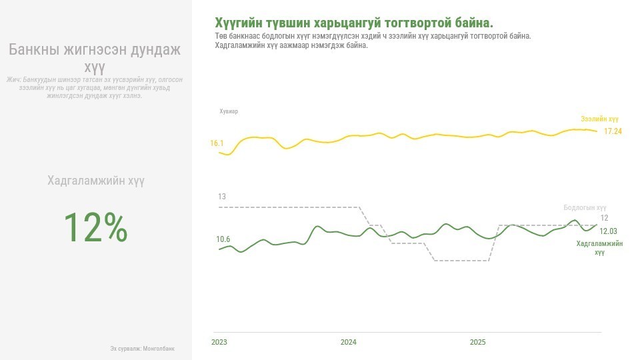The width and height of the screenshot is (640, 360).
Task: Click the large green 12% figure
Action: coord(95,227)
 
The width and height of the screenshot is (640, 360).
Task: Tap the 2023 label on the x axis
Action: coord(219,343)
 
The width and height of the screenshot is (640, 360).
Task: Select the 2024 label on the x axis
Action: coord(348,343)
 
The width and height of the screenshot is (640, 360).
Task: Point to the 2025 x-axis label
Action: coord(477,343)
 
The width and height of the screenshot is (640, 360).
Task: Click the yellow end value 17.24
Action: coord(613,131)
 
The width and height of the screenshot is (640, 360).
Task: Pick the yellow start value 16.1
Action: coord(217,143)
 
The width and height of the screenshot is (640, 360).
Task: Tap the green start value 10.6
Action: coord(223,239)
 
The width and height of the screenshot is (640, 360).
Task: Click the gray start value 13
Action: coord(222,197)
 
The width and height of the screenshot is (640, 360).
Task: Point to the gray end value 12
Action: coord(604,218)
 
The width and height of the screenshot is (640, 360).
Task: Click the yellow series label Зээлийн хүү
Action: coord(599,119)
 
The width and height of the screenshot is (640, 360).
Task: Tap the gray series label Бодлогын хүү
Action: coord(585,208)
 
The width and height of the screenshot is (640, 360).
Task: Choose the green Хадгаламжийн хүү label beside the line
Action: coord(599,248)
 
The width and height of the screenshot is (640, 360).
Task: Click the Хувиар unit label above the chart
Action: coord(229,111)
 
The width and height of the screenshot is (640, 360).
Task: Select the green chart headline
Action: coord(354,23)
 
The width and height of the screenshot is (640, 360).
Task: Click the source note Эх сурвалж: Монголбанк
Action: coord(142,349)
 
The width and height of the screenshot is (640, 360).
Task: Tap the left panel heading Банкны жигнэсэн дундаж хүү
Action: coord(95,58)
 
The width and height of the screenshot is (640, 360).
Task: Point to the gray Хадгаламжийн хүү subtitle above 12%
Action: coord(95,181)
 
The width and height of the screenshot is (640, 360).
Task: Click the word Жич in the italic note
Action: coord(13,80)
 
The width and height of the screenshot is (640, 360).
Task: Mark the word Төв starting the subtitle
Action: coord(221,35)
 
